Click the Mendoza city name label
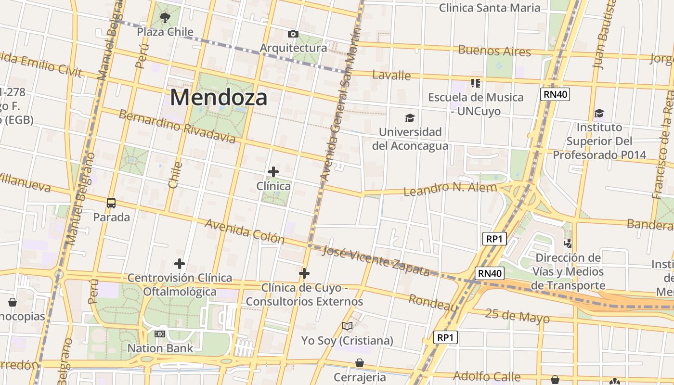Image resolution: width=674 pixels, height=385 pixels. (219, 98)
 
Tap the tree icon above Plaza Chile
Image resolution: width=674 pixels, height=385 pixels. (165, 18)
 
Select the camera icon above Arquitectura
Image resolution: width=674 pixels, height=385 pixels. (293, 34)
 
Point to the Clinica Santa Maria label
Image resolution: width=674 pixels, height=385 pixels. (490, 8)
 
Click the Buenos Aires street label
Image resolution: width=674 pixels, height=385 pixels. (494, 51)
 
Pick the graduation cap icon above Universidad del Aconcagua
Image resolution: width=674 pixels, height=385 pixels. (410, 118)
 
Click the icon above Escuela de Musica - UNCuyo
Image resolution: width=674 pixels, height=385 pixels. (476, 83)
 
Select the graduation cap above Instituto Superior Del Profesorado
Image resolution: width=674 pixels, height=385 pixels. (599, 113)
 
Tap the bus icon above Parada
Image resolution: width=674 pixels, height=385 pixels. (111, 203)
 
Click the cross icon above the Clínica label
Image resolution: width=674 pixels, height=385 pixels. (273, 171)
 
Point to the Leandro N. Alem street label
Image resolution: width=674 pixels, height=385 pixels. (450, 189)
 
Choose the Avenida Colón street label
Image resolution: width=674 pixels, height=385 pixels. (245, 231)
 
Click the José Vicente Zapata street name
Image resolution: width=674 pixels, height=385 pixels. (376, 260)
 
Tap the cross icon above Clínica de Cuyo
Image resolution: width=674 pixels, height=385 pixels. (304, 273)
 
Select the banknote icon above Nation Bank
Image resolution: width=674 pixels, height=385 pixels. (160, 334)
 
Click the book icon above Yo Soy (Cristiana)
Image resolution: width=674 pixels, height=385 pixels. (347, 326)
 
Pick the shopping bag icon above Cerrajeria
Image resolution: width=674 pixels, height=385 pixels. (360, 363)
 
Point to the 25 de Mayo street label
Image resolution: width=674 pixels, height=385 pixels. (517, 316)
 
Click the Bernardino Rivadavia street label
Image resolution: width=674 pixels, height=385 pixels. (177, 127)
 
